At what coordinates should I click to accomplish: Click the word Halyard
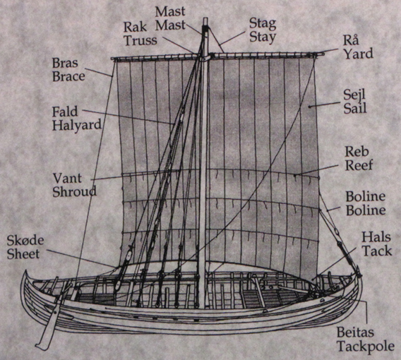click(77, 126)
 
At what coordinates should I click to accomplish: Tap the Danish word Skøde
click(25, 240)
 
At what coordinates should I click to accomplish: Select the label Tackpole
click(366, 347)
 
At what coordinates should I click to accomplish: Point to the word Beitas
click(355, 332)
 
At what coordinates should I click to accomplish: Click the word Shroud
click(74, 191)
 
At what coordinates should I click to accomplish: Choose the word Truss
click(140, 40)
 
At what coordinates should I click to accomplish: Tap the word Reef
click(359, 165)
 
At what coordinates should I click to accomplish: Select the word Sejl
click(354, 95)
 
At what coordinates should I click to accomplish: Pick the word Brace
click(68, 76)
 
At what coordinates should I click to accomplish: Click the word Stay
click(263, 37)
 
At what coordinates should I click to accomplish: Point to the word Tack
click(377, 251)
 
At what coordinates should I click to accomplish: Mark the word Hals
click(376, 237)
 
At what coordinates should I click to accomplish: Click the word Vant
click(67, 178)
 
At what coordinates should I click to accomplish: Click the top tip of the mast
click(205, 18)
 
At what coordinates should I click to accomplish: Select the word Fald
click(65, 112)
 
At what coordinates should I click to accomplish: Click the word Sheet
click(23, 254)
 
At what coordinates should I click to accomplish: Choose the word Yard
click(358, 54)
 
